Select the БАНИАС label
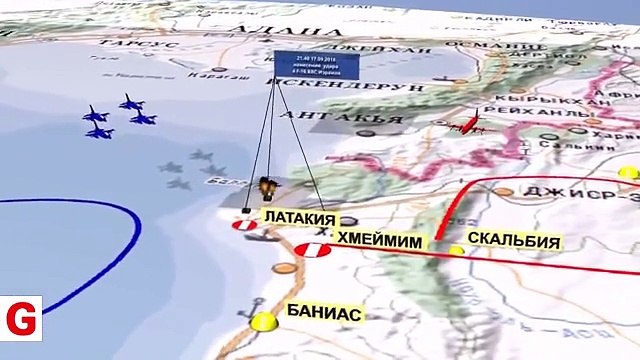tap(324, 312)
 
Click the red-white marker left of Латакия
tap(244, 226)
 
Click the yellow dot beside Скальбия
tap(457, 249)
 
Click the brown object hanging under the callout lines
tap(267, 187)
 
